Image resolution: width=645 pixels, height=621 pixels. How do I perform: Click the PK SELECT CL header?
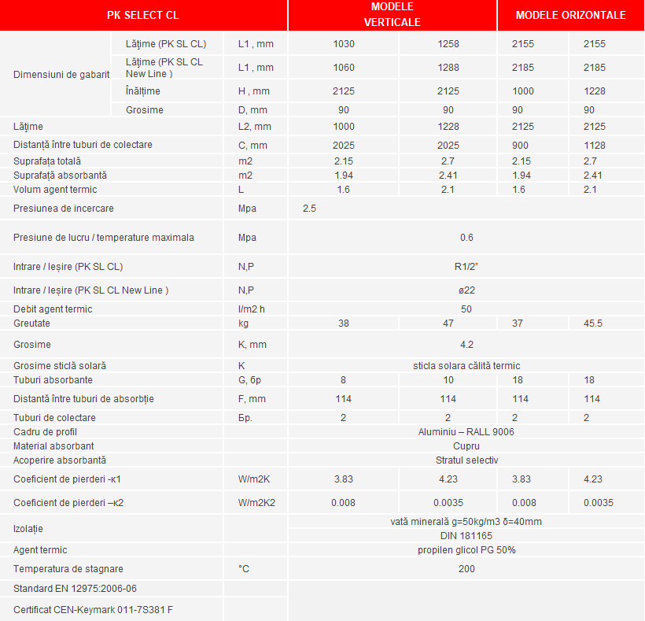[x=143, y=15]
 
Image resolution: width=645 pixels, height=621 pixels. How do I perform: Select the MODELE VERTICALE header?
[x=391, y=15]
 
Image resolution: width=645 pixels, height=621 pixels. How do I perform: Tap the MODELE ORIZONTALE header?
[x=570, y=15]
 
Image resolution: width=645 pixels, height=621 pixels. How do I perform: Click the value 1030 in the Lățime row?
[x=344, y=44]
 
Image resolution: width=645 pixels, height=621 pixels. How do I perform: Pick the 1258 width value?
[x=448, y=44]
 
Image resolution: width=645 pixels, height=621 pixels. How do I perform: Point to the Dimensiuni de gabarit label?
[x=61, y=75]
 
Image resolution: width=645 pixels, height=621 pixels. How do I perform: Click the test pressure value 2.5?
[x=309, y=209]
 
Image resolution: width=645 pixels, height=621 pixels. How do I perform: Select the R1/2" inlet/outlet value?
[x=466, y=266]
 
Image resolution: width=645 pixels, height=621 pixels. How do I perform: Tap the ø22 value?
[x=466, y=290]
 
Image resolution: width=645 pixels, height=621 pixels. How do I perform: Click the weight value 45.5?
[x=594, y=323]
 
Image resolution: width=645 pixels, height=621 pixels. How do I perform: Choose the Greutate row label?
[x=31, y=323]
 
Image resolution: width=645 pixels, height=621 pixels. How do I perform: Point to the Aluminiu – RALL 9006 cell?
[x=466, y=432]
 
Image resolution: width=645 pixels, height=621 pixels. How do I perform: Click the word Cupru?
[x=466, y=446]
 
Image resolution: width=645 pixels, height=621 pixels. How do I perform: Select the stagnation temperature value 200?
[x=466, y=569]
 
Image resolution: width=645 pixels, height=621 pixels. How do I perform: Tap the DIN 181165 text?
[x=466, y=535]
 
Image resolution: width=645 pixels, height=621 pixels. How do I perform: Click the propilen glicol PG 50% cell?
[x=466, y=550]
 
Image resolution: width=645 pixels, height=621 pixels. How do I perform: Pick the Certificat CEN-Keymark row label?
[x=92, y=609]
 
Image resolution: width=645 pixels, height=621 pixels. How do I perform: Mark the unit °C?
[x=244, y=569]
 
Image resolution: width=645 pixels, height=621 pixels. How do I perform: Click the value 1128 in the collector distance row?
[x=595, y=146]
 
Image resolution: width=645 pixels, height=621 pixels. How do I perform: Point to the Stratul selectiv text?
[x=466, y=460]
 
